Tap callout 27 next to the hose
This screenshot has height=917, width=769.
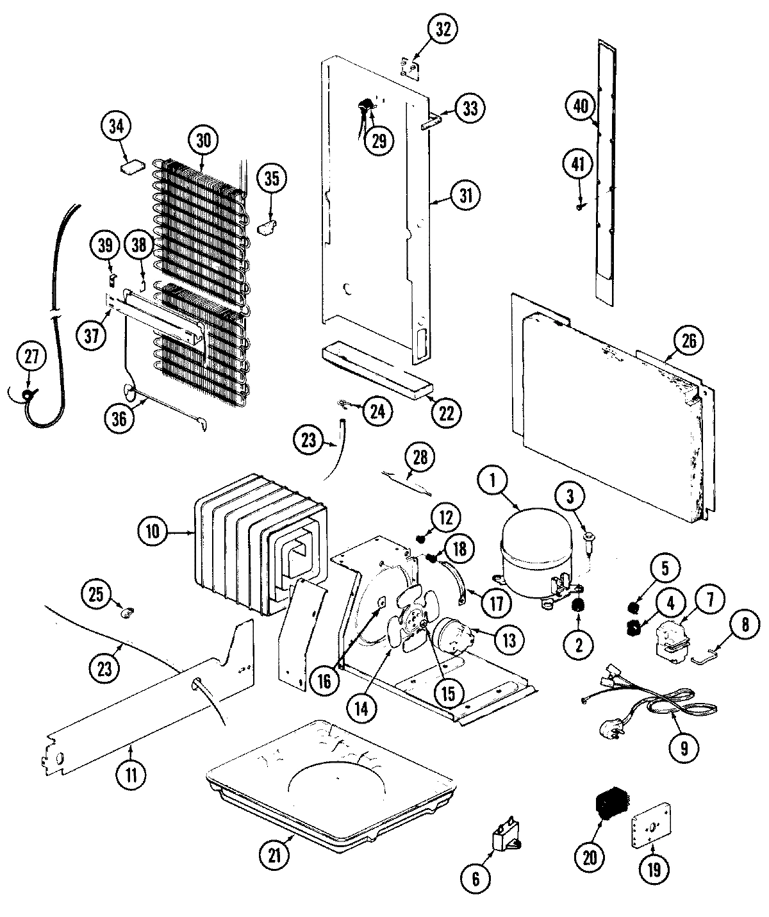tap(31, 359)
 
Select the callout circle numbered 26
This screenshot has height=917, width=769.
tap(688, 340)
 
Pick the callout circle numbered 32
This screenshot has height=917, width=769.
tap(443, 29)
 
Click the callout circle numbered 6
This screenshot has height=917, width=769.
tap(475, 879)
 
